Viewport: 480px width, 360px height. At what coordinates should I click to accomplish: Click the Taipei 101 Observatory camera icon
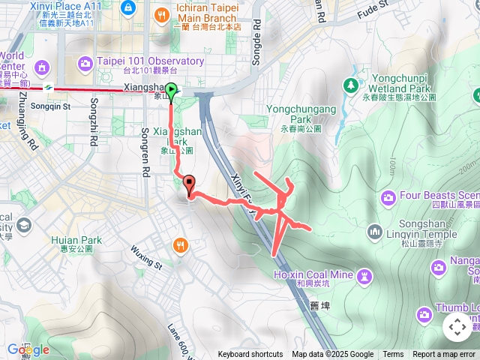point(85,61)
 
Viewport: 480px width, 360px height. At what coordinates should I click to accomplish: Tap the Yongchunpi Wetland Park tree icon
point(351,85)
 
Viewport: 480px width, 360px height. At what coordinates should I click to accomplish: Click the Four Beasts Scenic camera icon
point(388,197)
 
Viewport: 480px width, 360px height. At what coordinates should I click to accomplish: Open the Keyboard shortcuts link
point(250,355)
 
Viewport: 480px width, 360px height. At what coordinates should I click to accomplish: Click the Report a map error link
point(445,355)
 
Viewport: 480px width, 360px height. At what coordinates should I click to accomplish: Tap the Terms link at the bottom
point(393,355)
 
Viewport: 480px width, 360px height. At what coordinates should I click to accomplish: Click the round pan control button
point(457,327)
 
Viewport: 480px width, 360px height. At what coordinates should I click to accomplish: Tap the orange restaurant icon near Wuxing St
point(180,244)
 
